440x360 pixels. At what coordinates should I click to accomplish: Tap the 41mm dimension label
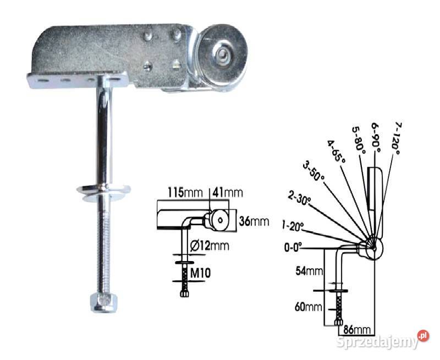pos(227,193)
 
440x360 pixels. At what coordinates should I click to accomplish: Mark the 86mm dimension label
pos(356,330)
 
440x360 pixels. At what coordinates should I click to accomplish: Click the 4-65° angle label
pos(335,152)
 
